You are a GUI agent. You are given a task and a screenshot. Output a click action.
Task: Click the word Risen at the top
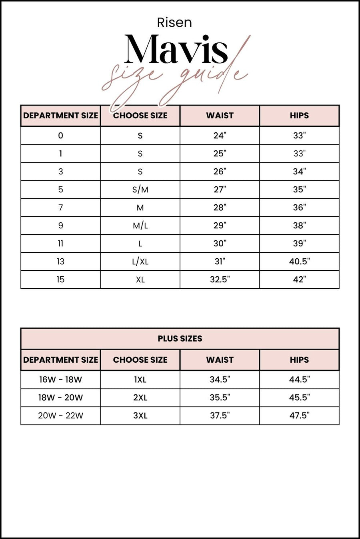(174, 22)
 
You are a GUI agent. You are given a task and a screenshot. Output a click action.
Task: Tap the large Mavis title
(176, 50)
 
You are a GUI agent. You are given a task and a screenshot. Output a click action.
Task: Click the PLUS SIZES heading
(180, 339)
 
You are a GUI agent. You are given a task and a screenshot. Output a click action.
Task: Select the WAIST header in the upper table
(220, 116)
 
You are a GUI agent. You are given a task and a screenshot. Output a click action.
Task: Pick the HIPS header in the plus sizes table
(299, 360)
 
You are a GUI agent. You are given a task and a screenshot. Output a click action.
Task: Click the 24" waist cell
(220, 136)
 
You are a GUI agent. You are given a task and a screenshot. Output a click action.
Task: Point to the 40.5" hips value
(299, 262)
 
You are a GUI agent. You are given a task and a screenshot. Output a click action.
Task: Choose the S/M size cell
(140, 190)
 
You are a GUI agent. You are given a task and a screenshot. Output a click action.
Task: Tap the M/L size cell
(140, 226)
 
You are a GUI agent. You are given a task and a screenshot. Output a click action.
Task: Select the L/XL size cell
(140, 262)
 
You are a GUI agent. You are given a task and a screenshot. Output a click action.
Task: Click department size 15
(60, 279)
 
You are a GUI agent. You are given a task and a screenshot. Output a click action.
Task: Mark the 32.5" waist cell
(220, 279)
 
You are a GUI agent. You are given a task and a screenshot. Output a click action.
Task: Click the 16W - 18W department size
(60, 379)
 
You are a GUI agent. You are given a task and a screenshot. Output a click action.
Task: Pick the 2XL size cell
(140, 397)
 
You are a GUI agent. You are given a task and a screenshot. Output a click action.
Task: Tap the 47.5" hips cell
(299, 415)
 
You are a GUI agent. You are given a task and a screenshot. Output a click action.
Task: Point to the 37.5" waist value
(220, 415)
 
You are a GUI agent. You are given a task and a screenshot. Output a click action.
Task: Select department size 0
(60, 136)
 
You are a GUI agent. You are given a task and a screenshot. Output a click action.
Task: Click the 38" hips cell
(299, 226)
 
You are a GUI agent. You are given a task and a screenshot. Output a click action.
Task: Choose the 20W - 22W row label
(60, 415)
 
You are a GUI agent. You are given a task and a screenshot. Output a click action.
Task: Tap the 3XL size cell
(140, 415)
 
